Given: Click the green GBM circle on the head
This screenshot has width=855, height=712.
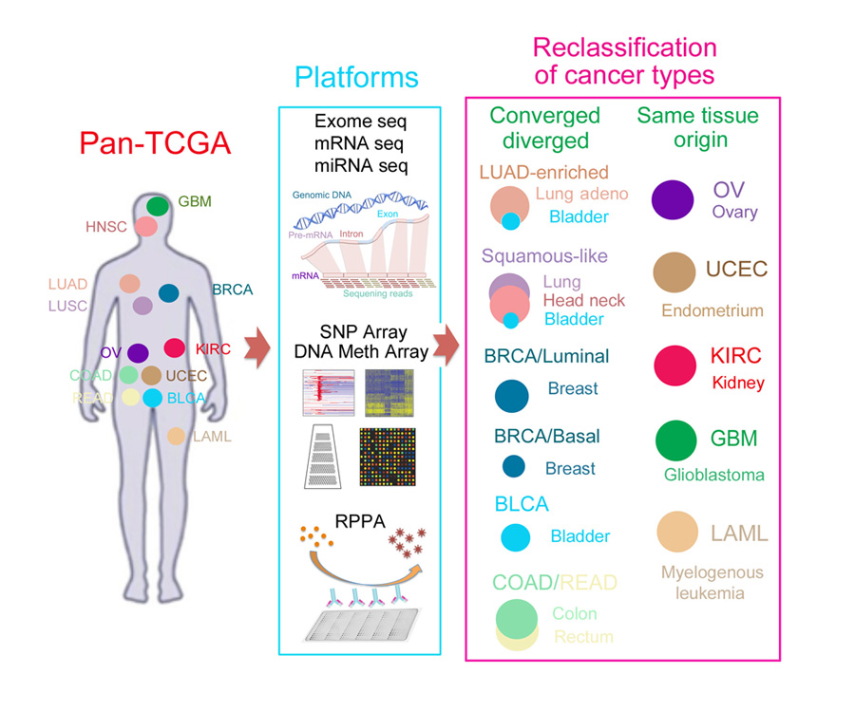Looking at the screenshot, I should [158, 205].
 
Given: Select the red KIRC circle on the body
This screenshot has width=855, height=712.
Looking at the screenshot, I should [175, 348].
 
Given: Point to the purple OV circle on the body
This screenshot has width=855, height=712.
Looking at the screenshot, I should [138, 353].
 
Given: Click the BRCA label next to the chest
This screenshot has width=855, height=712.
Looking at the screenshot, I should [232, 290].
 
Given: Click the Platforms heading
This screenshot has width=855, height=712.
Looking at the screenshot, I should [357, 76].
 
